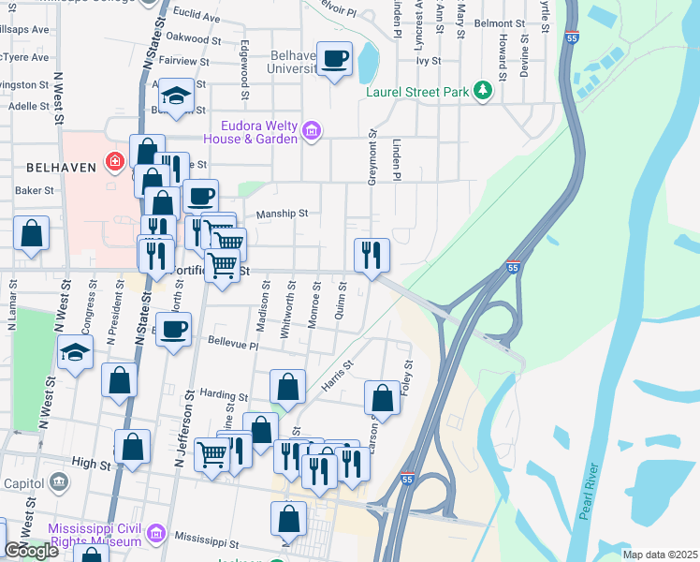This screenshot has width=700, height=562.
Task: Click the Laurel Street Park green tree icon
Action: [483, 91]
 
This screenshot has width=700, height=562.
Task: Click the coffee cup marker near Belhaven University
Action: [334, 59]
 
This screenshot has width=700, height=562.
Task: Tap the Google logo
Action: [31, 551]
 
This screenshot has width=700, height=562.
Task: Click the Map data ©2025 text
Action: [660, 554]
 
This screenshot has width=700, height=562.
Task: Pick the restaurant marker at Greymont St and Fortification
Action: [372, 254]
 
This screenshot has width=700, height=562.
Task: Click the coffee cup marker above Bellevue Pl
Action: [175, 330]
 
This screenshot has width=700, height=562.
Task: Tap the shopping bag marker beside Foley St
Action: [383, 397]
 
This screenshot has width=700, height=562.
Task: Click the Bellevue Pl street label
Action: [233, 344]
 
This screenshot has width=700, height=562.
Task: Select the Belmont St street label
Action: [500, 22]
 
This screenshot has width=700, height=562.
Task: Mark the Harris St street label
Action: [337, 377]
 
